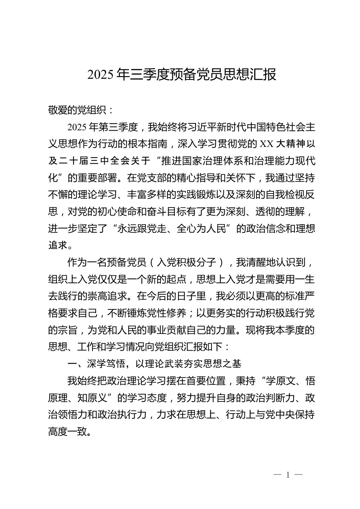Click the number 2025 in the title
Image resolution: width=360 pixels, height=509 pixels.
click(x=100, y=75)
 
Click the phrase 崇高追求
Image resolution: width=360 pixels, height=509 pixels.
click(x=116, y=296)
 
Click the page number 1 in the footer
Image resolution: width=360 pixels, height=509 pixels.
click(x=288, y=475)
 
